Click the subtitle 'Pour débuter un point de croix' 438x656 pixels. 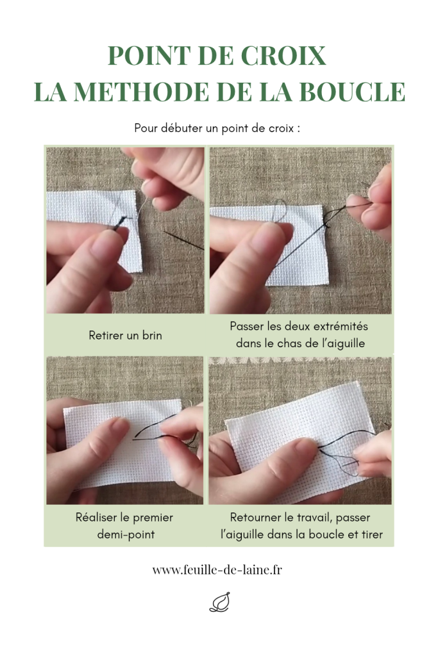pyautogui.click(x=217, y=128)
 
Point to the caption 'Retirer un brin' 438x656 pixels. pyautogui.click(x=125, y=335)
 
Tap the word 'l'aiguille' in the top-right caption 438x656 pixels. pyautogui.click(x=342, y=343)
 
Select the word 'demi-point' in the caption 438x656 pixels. pyautogui.click(x=126, y=534)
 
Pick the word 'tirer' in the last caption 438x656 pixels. pyautogui.click(x=371, y=534)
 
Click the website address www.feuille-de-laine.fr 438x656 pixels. pyautogui.click(x=217, y=570)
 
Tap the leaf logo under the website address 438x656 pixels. pyautogui.click(x=219, y=602)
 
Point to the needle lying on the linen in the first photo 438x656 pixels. pyautogui.click(x=183, y=240)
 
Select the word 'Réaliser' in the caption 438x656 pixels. pyautogui.click(x=96, y=517)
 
